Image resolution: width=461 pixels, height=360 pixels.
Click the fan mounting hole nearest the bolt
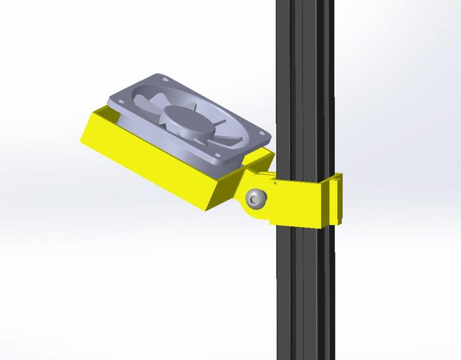point(217,157)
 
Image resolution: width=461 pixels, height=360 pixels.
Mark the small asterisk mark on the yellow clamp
point(275,183)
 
